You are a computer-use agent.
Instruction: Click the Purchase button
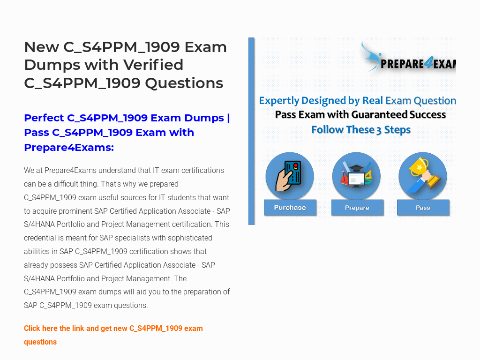coord(290,208)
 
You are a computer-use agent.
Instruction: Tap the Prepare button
coord(357,208)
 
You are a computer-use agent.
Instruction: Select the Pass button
coord(423,208)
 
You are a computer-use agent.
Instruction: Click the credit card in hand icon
coord(289,176)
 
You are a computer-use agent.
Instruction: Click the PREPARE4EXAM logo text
coord(418,64)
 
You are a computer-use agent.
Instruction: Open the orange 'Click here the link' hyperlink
coord(113,335)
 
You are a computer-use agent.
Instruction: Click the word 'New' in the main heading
coord(42,47)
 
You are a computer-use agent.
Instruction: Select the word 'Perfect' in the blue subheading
coord(44,118)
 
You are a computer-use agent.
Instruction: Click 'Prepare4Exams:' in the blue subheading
coord(69,148)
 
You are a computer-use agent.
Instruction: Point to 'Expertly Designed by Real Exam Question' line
coord(358,100)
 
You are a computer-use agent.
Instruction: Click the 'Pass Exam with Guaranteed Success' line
coord(360,114)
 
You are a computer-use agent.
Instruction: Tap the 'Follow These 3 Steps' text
coord(361,130)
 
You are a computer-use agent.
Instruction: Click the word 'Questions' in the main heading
coord(184,83)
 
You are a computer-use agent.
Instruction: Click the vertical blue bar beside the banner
coord(251,131)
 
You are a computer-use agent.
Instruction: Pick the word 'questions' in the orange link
coord(40,342)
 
